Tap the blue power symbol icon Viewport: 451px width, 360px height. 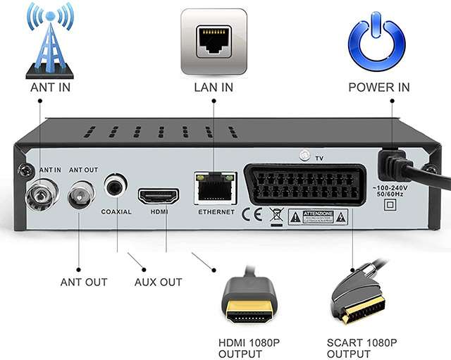[x=378, y=41]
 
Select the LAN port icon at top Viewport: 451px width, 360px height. [x=214, y=41]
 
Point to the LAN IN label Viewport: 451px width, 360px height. [x=214, y=88]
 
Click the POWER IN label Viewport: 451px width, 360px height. [x=378, y=88]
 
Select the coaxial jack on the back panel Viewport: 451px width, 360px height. [x=116, y=186]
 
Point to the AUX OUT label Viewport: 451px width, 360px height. [x=158, y=282]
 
